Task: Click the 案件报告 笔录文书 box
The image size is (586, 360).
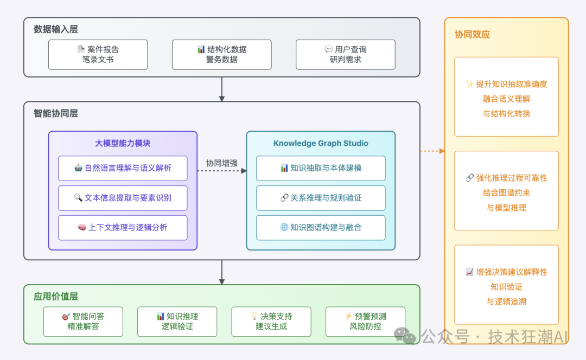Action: click(98, 54)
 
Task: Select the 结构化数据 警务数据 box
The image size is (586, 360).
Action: click(221, 54)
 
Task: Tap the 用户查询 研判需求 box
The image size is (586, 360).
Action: click(345, 54)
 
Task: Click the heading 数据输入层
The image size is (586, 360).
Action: click(56, 29)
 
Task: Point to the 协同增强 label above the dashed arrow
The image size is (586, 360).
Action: click(221, 163)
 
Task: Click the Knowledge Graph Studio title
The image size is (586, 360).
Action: click(321, 143)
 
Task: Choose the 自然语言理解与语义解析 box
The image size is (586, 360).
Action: click(123, 168)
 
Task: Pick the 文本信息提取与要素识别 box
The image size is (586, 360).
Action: click(123, 198)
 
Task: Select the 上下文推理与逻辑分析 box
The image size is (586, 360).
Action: click(123, 228)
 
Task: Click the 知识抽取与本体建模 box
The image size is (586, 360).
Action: click(321, 168)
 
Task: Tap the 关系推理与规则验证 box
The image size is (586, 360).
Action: click(321, 198)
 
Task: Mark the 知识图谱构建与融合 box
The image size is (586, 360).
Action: click(321, 228)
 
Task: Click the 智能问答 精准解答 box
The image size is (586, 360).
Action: click(83, 322)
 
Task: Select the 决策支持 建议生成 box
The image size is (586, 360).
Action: click(271, 322)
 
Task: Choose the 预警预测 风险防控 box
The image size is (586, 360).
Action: click(365, 322)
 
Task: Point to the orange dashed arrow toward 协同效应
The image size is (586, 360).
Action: click(432, 151)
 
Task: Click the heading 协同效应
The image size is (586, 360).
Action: click(472, 34)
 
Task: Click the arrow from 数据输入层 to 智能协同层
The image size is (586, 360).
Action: click(221, 89)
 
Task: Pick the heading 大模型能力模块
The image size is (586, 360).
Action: click(123, 143)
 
